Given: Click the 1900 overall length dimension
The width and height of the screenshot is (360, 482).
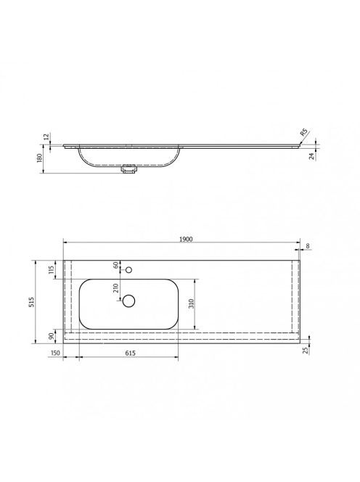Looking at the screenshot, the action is (186, 239).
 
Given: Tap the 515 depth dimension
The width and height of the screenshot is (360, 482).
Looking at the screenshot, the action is (31, 301).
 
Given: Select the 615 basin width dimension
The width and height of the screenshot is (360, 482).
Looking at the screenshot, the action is (131, 353).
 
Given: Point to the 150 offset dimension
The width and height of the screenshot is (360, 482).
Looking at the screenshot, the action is (54, 353).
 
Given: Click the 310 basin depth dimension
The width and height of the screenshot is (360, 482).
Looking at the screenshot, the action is (191, 303).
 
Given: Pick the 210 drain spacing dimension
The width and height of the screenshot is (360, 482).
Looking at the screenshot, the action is (115, 287).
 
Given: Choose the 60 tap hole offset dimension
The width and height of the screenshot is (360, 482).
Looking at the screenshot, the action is (116, 265).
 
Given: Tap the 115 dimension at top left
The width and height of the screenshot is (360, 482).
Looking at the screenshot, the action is (52, 269).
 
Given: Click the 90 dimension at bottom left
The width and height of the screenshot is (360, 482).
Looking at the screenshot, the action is (52, 335).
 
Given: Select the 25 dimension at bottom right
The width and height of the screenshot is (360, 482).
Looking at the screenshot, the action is (305, 350).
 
